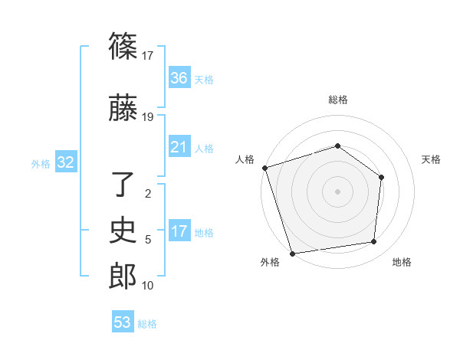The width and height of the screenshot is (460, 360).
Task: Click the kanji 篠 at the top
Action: pos(123,46)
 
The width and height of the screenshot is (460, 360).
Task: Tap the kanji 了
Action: pos(123,185)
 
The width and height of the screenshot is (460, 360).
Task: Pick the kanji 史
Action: pos(123,230)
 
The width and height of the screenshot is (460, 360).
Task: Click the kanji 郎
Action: pos(123,276)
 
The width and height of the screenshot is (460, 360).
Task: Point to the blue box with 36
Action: pos(179,78)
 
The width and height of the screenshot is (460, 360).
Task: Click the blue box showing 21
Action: pos(179,147)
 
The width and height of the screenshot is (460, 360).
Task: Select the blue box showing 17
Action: pos(179,231)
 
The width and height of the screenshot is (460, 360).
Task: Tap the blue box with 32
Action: pos(65,162)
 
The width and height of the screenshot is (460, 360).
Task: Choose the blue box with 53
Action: pos(123,322)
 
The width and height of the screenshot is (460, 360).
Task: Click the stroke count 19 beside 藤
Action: pos(148,117)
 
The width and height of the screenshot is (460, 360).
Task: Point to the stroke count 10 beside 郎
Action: pos(148,286)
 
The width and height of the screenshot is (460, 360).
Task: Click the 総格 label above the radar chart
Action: pos(337,100)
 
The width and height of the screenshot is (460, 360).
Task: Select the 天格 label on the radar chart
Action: pos(432,159)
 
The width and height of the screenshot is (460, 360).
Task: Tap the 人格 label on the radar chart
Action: pos(245,159)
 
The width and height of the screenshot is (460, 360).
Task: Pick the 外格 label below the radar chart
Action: pos(270,262)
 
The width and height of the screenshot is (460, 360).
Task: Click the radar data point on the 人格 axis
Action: pos(264,168)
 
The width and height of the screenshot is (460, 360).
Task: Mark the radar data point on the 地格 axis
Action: pos(374,242)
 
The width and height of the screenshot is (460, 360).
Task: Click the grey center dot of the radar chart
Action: pos(337,191)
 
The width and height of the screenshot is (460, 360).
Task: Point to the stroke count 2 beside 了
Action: pos(148,194)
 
